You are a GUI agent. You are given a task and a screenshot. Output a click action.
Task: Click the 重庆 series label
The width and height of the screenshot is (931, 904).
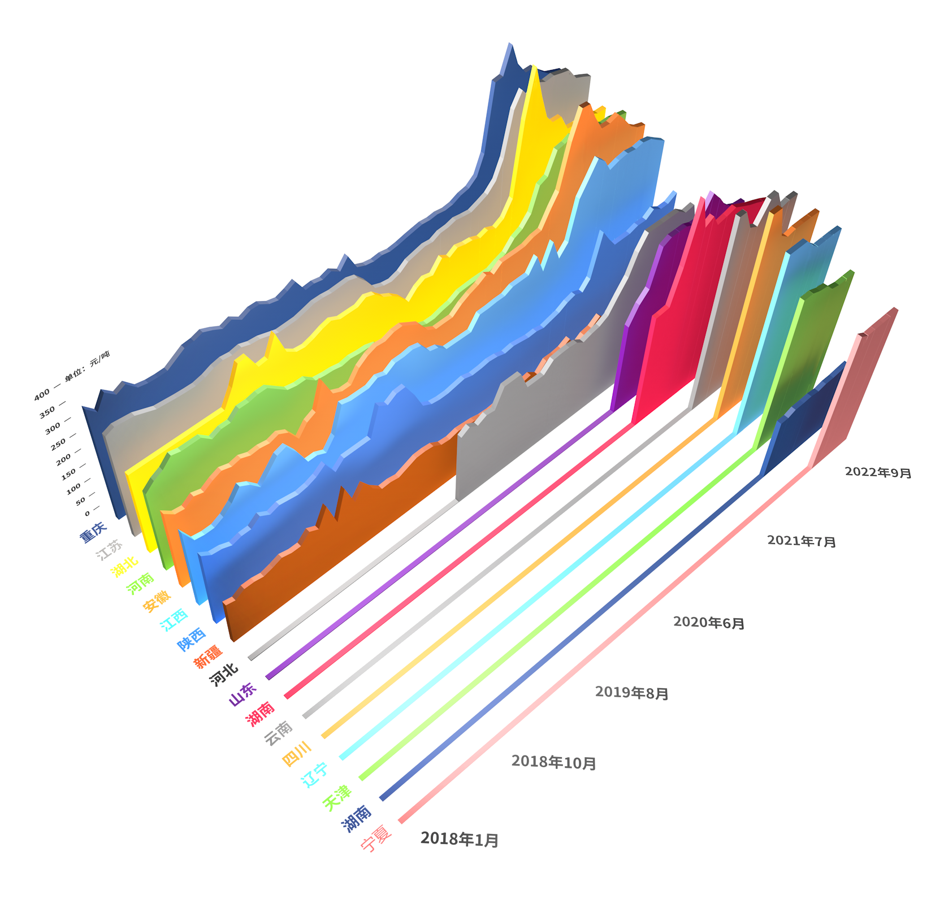click(93, 532)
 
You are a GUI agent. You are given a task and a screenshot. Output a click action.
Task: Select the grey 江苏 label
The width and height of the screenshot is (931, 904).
click(109, 549)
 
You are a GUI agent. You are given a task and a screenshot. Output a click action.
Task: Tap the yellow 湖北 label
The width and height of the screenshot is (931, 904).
click(124, 567)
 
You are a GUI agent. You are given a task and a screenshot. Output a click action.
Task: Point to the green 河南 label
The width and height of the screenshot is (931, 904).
click(140, 584)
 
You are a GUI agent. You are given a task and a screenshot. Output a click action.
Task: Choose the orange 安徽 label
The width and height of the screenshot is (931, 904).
click(157, 601)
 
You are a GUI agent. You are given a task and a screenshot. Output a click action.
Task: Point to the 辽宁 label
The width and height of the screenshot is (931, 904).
click(315, 775)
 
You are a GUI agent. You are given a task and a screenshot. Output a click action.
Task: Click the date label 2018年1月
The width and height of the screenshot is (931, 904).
click(459, 840)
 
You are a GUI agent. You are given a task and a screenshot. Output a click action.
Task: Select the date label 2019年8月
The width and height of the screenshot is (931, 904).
click(631, 693)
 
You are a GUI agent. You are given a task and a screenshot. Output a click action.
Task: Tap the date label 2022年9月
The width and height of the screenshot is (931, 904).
click(878, 472)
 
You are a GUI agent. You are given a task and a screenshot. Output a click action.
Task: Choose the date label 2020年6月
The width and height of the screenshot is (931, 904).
click(709, 623)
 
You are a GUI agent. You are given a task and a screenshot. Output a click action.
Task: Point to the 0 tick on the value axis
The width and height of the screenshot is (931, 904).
click(88, 513)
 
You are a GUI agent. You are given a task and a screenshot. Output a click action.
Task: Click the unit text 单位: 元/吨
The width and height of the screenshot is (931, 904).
click(87, 366)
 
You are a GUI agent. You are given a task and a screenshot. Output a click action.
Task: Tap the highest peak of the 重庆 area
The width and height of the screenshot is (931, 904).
click(510, 44)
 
